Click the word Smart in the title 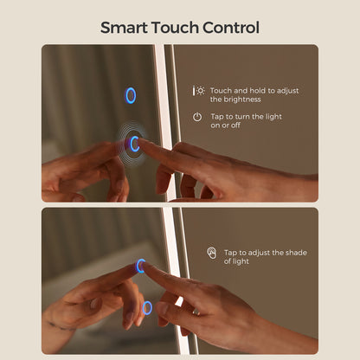click(124, 28)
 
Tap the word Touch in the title click(175, 28)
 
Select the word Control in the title click(231, 28)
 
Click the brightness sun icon click(199, 91)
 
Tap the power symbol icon click(197, 117)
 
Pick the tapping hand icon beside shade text click(212, 253)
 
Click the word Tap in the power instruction click(217, 117)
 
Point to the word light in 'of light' click(241, 261)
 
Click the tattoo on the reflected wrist click(61, 327)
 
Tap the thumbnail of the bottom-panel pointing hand click(162, 308)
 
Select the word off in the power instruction click(235, 125)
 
